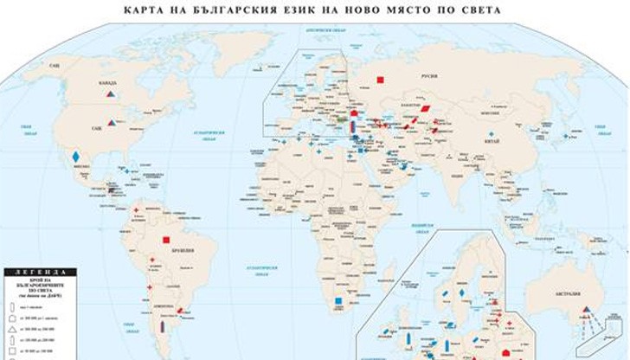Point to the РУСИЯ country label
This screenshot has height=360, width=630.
tap(429, 75)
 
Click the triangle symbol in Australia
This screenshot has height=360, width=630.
tap(586, 310)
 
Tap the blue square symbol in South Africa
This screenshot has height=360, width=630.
tap(337, 301)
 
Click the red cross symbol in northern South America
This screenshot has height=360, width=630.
tap(137, 210)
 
